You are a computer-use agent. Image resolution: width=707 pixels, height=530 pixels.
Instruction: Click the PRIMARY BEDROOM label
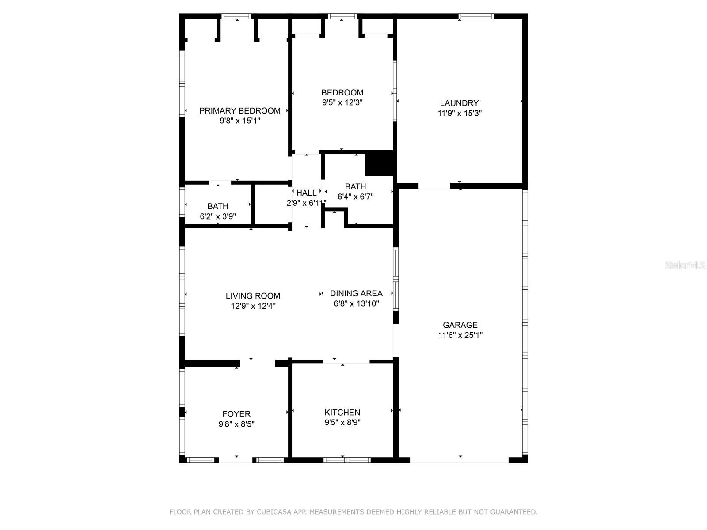click(x=239, y=111)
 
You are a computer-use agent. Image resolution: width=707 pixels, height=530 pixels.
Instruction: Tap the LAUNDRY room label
click(x=459, y=103)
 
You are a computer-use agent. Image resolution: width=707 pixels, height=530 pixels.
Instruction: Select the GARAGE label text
click(x=460, y=325)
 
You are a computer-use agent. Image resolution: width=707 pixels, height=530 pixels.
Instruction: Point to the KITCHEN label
click(x=342, y=412)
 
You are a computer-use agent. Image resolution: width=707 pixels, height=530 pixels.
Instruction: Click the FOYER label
click(x=236, y=414)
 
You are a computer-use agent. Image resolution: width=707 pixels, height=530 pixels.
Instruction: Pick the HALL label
click(x=306, y=193)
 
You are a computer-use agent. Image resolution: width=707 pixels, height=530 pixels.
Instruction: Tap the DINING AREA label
click(x=356, y=293)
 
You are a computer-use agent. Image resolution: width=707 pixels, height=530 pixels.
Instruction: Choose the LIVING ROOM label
click(x=253, y=296)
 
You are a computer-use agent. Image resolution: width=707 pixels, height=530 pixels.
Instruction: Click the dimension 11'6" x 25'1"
click(x=460, y=335)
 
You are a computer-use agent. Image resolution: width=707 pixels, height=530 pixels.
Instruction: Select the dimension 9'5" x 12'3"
click(x=342, y=102)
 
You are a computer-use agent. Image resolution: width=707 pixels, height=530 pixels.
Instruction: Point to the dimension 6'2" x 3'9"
click(x=218, y=216)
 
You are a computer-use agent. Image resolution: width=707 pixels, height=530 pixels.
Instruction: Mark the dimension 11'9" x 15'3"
click(x=459, y=113)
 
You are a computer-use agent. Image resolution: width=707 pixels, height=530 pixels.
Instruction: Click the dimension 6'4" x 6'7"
click(x=355, y=196)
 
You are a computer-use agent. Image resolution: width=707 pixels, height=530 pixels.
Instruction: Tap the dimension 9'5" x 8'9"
click(x=342, y=422)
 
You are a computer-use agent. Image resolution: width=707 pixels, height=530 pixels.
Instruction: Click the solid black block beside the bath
click(x=379, y=163)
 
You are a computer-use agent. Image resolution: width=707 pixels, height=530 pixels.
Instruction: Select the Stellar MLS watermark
click(x=685, y=265)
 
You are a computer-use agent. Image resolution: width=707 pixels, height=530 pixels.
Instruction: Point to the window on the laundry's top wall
click(x=476, y=16)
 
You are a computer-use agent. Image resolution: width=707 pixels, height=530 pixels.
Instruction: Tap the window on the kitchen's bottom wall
click(x=346, y=460)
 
